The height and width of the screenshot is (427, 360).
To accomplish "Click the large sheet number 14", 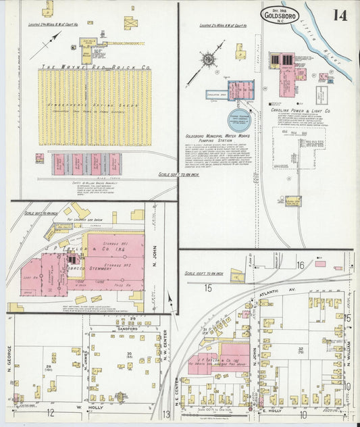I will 339,14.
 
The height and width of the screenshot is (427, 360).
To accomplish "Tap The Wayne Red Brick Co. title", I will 95,68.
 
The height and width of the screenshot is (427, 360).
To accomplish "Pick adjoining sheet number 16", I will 299,266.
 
